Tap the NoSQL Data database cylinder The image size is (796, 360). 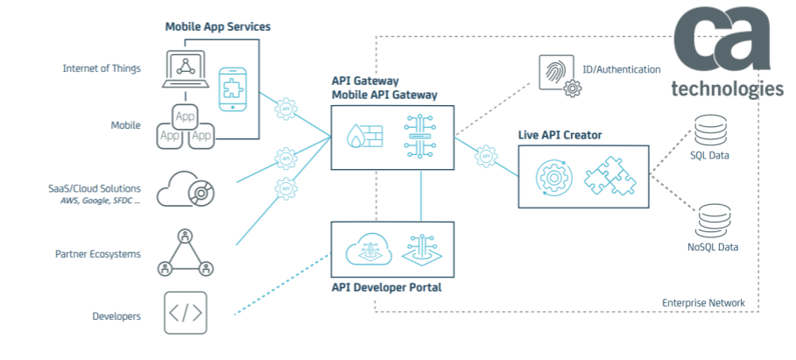point(712,219)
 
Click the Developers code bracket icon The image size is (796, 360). point(185,313)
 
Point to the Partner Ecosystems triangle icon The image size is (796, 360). point(185,253)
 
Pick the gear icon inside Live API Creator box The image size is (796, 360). point(555,175)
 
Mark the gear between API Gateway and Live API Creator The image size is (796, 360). point(486,158)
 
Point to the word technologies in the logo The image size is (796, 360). point(727,88)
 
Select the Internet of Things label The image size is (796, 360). point(102,68)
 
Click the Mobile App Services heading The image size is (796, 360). point(218,27)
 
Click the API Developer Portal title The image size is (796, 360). point(385,286)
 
